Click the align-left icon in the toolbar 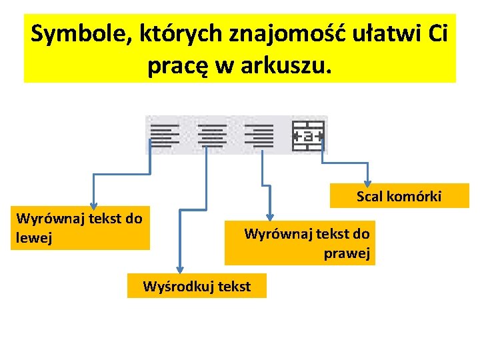(164, 135)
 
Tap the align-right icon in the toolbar (259, 135)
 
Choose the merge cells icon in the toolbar (308, 135)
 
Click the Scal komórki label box (399, 196)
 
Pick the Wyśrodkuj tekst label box (197, 287)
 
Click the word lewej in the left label (31, 237)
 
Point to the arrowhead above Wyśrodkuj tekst (179, 268)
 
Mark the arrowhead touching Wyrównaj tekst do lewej (94, 206)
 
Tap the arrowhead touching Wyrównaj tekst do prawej (270, 216)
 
